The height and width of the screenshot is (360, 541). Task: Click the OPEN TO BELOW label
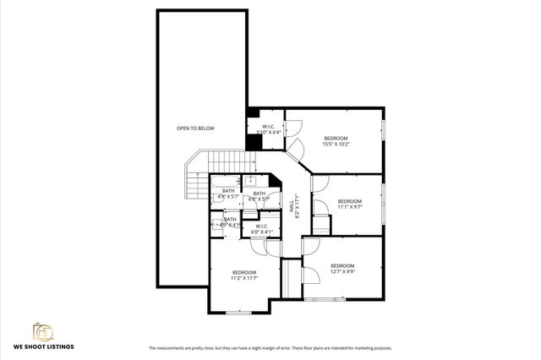[195, 128]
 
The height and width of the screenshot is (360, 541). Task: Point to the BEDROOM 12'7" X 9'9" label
[342, 268]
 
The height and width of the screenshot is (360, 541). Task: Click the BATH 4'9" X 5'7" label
[228, 193]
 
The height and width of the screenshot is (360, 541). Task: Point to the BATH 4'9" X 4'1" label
[229, 222]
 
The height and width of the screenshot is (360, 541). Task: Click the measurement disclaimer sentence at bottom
[270, 348]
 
